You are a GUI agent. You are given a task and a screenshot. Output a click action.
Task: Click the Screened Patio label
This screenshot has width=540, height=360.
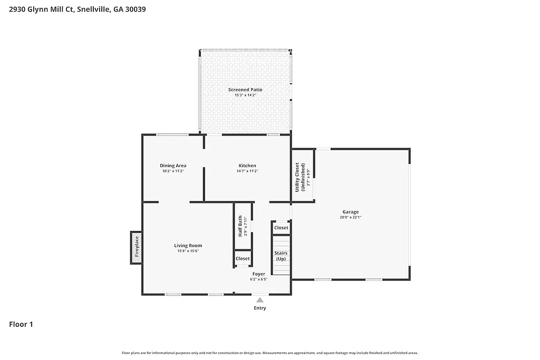click(245, 90)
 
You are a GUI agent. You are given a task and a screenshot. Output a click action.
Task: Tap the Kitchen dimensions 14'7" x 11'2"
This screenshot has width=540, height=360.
click(247, 171)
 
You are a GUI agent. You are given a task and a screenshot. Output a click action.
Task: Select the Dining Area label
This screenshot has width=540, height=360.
click(173, 166)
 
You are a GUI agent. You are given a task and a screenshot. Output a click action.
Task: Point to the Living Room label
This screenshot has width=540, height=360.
click(188, 246)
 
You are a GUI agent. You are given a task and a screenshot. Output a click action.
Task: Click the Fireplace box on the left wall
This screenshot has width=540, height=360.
click(136, 247)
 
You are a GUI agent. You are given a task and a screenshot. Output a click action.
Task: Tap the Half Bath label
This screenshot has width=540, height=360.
click(240, 226)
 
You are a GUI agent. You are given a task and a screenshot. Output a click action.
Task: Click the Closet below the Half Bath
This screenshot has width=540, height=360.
click(243, 259)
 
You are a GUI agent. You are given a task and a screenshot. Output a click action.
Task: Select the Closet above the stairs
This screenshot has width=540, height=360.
click(281, 228)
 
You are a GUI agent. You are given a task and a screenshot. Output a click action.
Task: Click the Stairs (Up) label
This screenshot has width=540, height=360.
click(281, 256)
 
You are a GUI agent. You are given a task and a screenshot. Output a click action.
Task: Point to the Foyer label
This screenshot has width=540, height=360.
click(258, 274)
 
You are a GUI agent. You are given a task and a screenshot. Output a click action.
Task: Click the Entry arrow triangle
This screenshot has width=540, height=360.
click(259, 299)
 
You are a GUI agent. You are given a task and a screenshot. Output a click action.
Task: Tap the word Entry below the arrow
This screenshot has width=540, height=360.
click(260, 308)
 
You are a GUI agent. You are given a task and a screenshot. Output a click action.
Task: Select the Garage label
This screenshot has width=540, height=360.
click(351, 212)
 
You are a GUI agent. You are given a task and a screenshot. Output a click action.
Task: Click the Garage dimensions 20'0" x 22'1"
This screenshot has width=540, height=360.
click(351, 217)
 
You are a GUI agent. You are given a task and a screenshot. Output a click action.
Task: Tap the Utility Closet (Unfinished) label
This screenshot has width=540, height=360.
click(300, 177)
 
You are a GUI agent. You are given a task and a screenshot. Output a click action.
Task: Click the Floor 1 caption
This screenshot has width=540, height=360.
click(21, 324)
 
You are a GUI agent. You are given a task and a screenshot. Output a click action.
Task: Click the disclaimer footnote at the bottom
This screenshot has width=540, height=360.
click(270, 353)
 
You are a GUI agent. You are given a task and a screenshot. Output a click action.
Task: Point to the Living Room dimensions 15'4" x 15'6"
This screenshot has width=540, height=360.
click(188, 251)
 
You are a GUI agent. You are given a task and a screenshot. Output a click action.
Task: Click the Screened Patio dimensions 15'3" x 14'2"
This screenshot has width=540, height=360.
click(245, 95)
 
